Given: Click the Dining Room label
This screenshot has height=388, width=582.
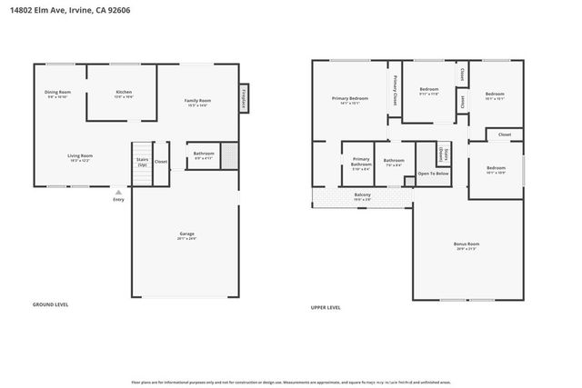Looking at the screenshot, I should (x=59, y=95).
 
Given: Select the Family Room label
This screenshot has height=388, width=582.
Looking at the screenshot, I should (x=197, y=102).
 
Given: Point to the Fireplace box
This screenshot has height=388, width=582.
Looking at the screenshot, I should (x=245, y=99).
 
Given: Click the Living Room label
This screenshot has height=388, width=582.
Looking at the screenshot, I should (x=80, y=157).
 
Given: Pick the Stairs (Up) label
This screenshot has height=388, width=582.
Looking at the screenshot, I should (x=142, y=162).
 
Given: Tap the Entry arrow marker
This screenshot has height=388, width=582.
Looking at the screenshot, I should (x=117, y=192).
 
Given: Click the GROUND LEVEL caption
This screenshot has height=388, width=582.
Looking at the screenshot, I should (x=50, y=304).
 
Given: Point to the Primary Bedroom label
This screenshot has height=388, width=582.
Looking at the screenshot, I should (x=350, y=100).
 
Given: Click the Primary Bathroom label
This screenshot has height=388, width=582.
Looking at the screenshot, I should (x=361, y=164).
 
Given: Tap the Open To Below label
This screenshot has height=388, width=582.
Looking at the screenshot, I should (x=433, y=173).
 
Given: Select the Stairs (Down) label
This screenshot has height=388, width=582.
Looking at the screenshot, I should (x=443, y=154).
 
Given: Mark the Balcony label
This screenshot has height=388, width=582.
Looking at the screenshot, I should (x=362, y=194).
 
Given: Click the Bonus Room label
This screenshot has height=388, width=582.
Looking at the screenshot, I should (x=467, y=245).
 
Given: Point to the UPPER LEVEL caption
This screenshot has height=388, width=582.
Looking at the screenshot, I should (x=326, y=307).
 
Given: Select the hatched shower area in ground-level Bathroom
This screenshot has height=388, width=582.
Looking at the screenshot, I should (x=228, y=154).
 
